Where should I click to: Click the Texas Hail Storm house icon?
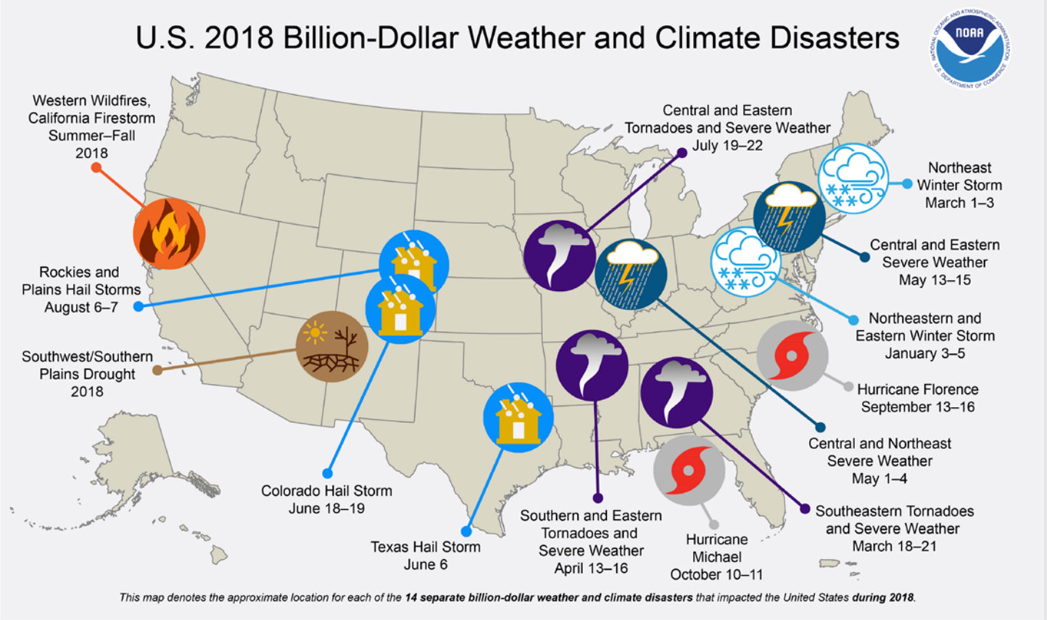click(518, 417)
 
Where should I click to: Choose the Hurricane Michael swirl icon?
click(688, 471)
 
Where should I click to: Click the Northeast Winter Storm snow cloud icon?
click(853, 178)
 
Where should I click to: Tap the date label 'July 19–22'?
click(727, 145)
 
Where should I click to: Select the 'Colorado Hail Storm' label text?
click(327, 491)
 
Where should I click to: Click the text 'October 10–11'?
click(717, 574)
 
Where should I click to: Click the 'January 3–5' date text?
click(925, 353)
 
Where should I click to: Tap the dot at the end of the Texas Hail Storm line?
click(466, 532)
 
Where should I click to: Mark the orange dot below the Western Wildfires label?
click(96, 168)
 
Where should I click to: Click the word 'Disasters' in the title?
click(834, 38)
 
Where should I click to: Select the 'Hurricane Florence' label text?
click(917, 389)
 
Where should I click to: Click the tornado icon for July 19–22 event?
click(559, 256)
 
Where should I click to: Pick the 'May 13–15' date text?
click(934, 280)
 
